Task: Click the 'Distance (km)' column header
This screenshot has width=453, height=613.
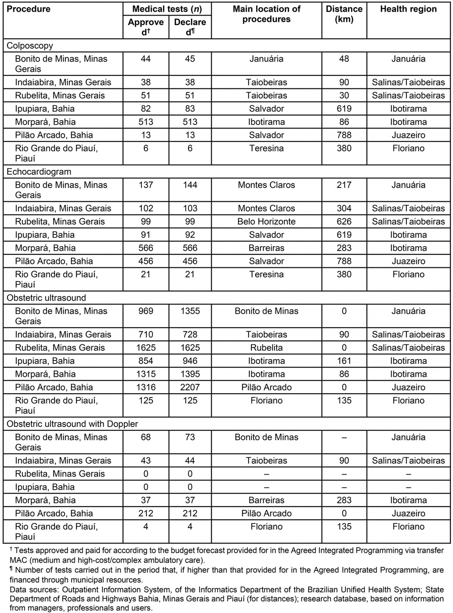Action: [x=344, y=14]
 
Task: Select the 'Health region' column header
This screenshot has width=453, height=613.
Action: [x=408, y=9]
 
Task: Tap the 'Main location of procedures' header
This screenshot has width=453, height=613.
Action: [x=266, y=14]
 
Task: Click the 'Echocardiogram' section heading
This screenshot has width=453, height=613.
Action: [x=39, y=172]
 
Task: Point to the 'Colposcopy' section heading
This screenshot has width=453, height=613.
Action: [x=30, y=46]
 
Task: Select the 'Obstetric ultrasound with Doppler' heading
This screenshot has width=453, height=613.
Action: [x=72, y=424]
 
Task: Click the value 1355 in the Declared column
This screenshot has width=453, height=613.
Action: [x=190, y=311]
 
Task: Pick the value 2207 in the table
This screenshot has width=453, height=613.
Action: [x=190, y=387]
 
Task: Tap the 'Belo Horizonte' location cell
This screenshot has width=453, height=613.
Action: [x=266, y=222]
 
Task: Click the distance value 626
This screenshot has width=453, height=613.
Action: [x=344, y=222]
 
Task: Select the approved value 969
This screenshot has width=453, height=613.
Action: [x=146, y=311]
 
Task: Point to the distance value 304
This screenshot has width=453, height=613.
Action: [x=344, y=208]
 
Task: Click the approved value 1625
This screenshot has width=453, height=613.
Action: [x=146, y=348]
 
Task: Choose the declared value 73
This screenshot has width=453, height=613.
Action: [x=190, y=437]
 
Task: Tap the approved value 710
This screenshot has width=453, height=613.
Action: [x=146, y=335]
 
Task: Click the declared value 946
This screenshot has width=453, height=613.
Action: [x=190, y=361]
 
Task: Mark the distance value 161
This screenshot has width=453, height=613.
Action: [x=344, y=361]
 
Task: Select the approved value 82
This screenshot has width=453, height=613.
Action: [x=146, y=109]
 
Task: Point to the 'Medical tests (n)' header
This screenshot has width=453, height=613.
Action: [x=167, y=9]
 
